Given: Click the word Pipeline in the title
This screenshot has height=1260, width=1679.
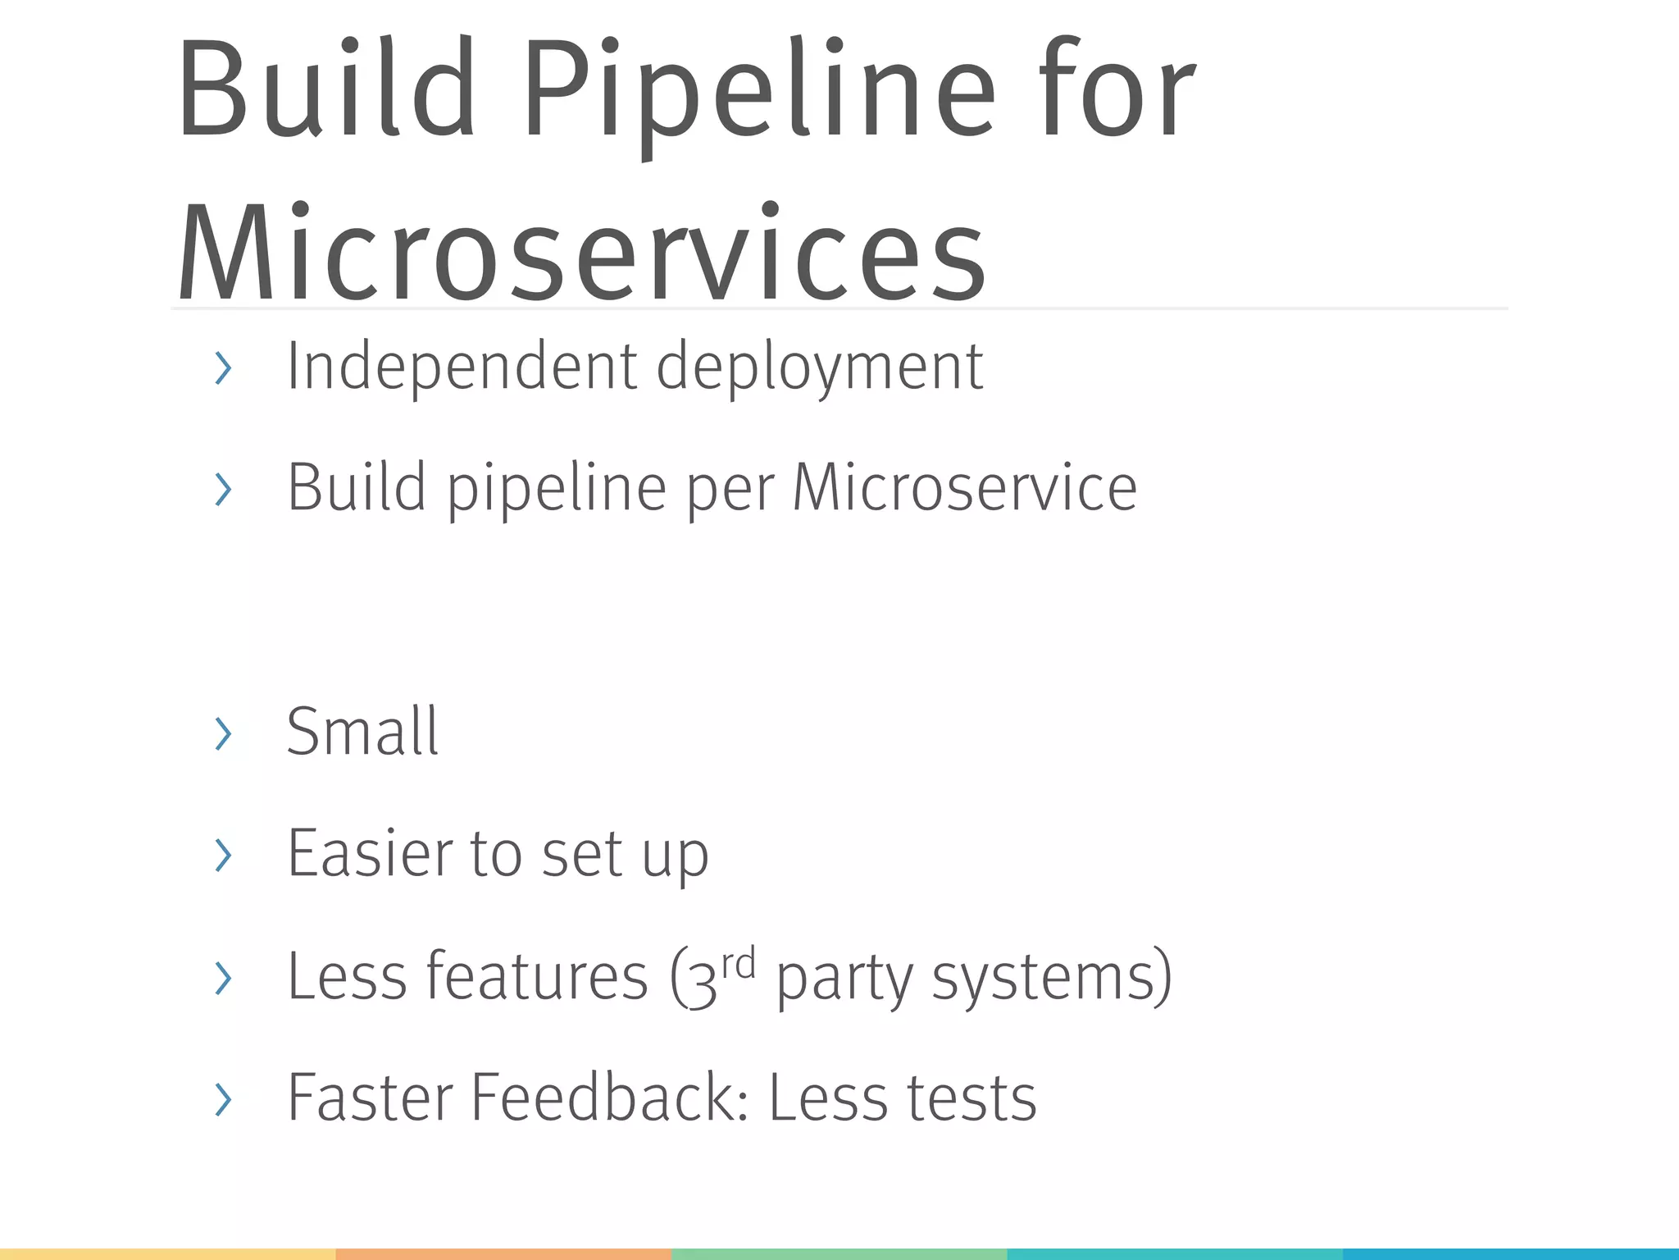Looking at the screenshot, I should [x=758, y=90].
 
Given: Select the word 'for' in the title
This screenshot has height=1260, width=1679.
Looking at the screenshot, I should [x=1117, y=90].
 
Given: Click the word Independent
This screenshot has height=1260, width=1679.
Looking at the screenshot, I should [x=462, y=367].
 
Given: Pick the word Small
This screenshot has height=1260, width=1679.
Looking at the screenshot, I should [x=362, y=731].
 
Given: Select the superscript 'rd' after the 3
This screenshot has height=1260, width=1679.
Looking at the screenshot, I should [x=739, y=962].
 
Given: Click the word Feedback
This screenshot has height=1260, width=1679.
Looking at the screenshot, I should [x=609, y=1098].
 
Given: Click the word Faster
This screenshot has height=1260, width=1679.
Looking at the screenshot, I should [x=371, y=1098].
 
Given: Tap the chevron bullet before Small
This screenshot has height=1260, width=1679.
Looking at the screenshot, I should [x=223, y=733].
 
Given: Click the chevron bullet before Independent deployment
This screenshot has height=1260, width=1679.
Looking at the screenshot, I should [x=223, y=367].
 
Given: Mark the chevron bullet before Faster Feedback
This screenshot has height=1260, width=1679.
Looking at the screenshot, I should [x=223, y=1099].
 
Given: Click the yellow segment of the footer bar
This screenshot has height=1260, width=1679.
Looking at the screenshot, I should [x=167, y=1254].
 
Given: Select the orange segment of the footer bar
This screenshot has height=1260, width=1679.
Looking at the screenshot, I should [x=503, y=1254].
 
